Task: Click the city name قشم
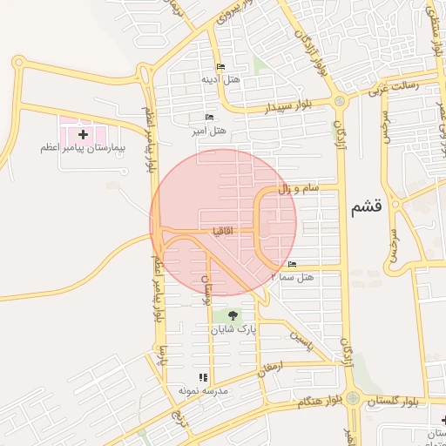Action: [x=366, y=208]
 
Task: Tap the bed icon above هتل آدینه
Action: [x=220, y=67]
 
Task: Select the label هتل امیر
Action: [x=208, y=132]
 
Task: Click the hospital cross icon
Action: [x=83, y=134]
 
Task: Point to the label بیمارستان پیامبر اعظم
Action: [x=83, y=149]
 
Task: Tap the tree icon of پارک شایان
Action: [x=233, y=315]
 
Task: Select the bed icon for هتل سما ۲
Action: [x=292, y=264]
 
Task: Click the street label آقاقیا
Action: [x=220, y=231]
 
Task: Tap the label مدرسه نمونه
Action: [x=203, y=391]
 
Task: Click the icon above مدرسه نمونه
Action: [x=203, y=377]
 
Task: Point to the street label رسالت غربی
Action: [x=393, y=86]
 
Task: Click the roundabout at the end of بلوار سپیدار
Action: [x=339, y=101]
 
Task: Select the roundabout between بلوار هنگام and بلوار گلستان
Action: [x=352, y=398]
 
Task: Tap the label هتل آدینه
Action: [x=220, y=80]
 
